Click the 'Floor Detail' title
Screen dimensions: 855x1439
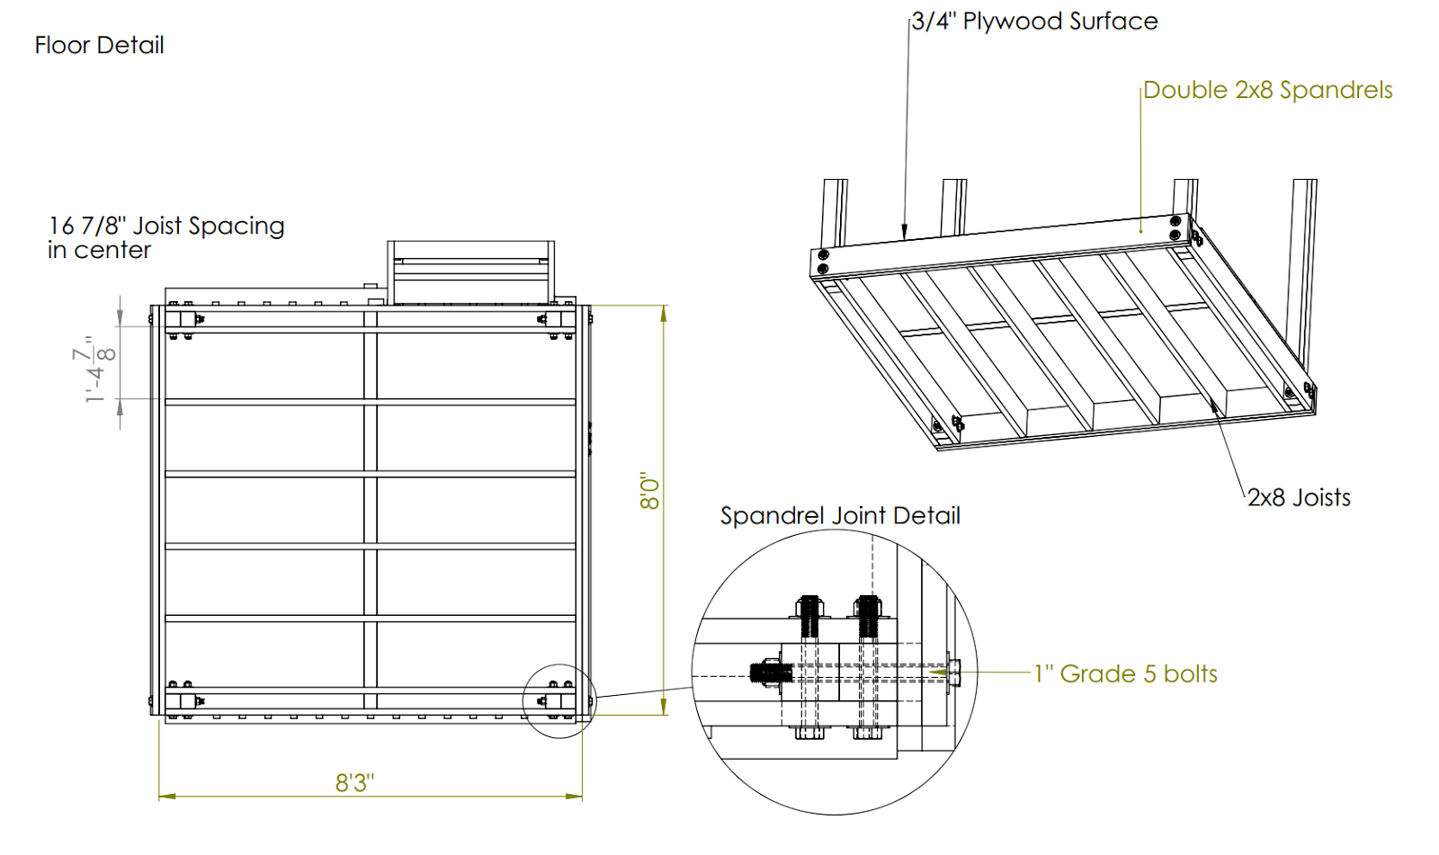99,45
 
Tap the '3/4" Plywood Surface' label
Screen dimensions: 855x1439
1034,22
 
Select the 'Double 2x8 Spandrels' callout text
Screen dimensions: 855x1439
1267,90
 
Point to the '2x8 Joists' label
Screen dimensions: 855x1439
1299,497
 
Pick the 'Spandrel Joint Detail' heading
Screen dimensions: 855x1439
840,515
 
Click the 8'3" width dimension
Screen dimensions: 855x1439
354,782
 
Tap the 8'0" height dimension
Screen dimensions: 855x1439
649,491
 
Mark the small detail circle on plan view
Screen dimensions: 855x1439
559,701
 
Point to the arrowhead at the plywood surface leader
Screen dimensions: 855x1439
905,232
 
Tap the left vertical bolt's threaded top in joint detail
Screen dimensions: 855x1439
809,615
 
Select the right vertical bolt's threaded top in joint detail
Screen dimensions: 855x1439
867,615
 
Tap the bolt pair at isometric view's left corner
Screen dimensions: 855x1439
822,261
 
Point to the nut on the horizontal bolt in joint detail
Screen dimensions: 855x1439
765,672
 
